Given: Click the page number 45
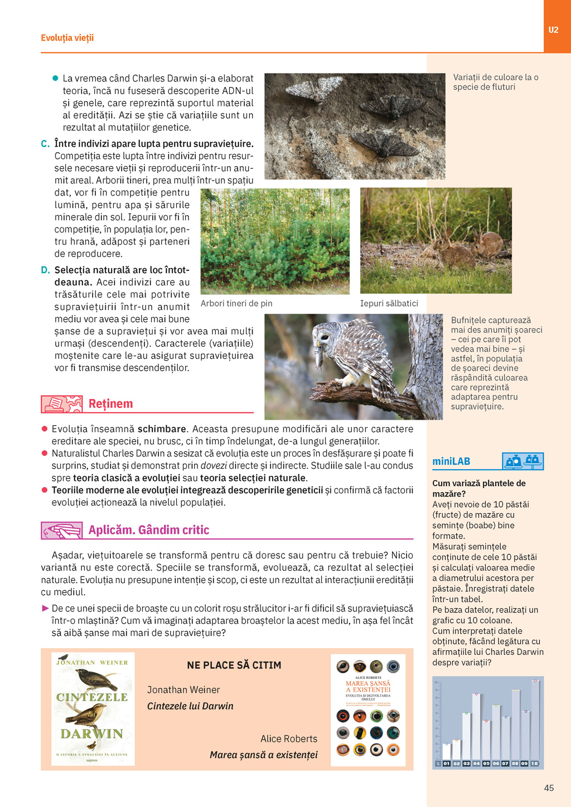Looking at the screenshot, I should coord(549,787).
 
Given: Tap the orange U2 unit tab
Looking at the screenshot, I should coord(553,30).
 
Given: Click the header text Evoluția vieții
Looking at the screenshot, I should coord(67,38).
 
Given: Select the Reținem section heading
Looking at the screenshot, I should coord(110,403).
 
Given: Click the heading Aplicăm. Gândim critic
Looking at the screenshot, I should coord(148,530).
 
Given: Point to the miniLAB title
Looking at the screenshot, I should coord(451,461).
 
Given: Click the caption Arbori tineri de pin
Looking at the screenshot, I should coord(236,303).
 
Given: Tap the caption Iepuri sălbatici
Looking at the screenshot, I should coord(389,303).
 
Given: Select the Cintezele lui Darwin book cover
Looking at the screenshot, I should coord(93,708).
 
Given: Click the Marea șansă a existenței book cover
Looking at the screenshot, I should coord(368,709).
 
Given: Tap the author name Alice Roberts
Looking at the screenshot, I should coord(288,738).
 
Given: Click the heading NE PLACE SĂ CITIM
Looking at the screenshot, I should coord(234,665).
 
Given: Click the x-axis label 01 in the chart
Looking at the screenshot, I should coord(447,764).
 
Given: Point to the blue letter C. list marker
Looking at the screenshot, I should coord(45,144).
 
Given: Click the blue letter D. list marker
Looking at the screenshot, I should coord(45,270).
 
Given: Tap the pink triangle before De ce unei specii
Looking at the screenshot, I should coord(45,608).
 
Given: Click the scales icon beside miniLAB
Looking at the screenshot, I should coord(522,461).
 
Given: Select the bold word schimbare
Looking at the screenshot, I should coord(162,429).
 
